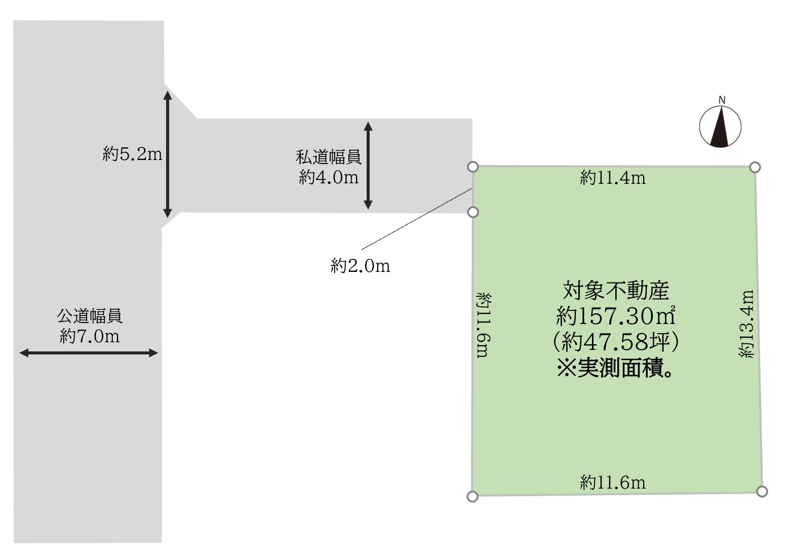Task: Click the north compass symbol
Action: [720, 127]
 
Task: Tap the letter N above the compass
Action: [722, 100]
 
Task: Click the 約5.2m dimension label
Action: [132, 154]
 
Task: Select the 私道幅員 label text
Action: [329, 157]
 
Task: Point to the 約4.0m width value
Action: [329, 177]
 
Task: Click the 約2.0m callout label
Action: [361, 266]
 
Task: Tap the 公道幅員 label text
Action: [90, 316]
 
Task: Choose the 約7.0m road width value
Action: [90, 336]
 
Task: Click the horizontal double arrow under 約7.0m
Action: [89, 353]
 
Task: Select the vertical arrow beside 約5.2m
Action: [168, 154]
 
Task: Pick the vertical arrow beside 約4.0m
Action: [368, 166]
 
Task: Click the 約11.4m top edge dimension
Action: [613, 178]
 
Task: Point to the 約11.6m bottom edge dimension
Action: [613, 483]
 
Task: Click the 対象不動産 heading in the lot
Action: [616, 291]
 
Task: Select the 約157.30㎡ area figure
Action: [616, 317]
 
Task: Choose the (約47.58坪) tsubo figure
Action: [616, 343]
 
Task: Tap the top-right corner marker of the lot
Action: [755, 167]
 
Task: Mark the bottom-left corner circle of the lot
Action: [472, 496]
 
